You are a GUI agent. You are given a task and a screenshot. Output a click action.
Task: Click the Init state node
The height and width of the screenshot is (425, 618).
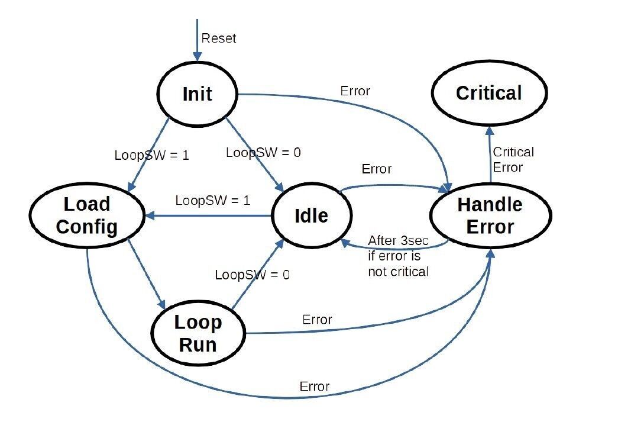click(x=197, y=94)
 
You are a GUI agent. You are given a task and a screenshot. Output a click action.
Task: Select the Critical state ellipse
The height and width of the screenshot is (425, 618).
click(x=489, y=93)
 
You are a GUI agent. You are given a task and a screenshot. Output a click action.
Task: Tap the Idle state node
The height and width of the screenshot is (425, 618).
click(x=311, y=215)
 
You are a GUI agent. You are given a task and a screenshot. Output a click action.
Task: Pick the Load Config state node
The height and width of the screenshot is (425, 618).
click(x=87, y=215)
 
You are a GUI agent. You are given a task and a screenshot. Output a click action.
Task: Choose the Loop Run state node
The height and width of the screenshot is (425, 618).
click(x=198, y=334)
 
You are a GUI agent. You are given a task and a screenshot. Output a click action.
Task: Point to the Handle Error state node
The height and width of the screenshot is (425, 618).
click(x=490, y=215)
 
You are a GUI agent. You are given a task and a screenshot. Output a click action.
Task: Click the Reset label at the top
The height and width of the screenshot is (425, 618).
click(x=219, y=38)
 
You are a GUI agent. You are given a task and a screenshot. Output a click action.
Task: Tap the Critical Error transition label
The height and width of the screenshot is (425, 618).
click(x=513, y=159)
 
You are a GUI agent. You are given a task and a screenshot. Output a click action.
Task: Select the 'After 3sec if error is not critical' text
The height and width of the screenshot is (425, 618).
click(x=398, y=256)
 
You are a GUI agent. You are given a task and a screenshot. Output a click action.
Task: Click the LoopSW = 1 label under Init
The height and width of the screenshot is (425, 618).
click(x=152, y=155)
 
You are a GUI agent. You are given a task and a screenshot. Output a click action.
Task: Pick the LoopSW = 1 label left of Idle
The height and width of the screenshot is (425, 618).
click(x=213, y=201)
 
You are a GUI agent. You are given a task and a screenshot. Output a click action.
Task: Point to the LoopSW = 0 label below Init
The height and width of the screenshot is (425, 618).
click(x=263, y=152)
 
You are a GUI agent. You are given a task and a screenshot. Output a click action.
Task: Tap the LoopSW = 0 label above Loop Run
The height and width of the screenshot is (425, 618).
click(x=253, y=275)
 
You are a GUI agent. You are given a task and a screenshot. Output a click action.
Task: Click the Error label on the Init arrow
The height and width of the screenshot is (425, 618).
click(x=355, y=91)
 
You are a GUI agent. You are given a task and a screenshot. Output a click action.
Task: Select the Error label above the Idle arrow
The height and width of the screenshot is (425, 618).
click(x=376, y=169)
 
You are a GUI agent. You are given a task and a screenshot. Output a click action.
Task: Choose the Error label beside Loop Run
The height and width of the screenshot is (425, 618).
click(x=317, y=319)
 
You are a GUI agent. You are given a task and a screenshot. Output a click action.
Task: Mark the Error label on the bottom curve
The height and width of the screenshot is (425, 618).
click(x=315, y=386)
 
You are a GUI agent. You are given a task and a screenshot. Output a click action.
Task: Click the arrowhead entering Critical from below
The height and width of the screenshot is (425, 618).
click(x=490, y=131)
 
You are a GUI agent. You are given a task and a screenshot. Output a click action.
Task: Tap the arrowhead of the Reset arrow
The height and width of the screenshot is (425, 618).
click(x=197, y=56)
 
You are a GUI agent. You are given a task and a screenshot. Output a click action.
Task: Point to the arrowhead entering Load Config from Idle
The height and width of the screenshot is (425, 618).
click(x=150, y=215)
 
